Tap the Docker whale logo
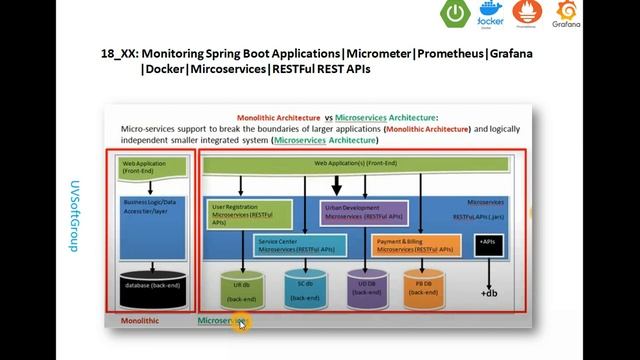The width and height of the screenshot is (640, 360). click(490, 17)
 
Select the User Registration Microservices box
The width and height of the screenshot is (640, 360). click(249, 213)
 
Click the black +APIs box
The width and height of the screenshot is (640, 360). click(488, 244)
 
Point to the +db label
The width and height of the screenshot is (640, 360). click(489, 293)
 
